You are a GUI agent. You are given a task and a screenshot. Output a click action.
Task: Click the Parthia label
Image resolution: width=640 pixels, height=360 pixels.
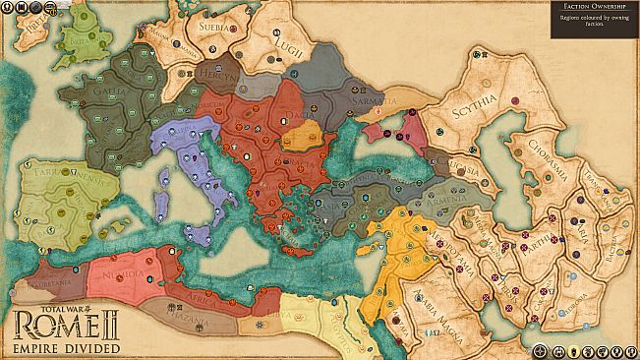click(539, 246)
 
